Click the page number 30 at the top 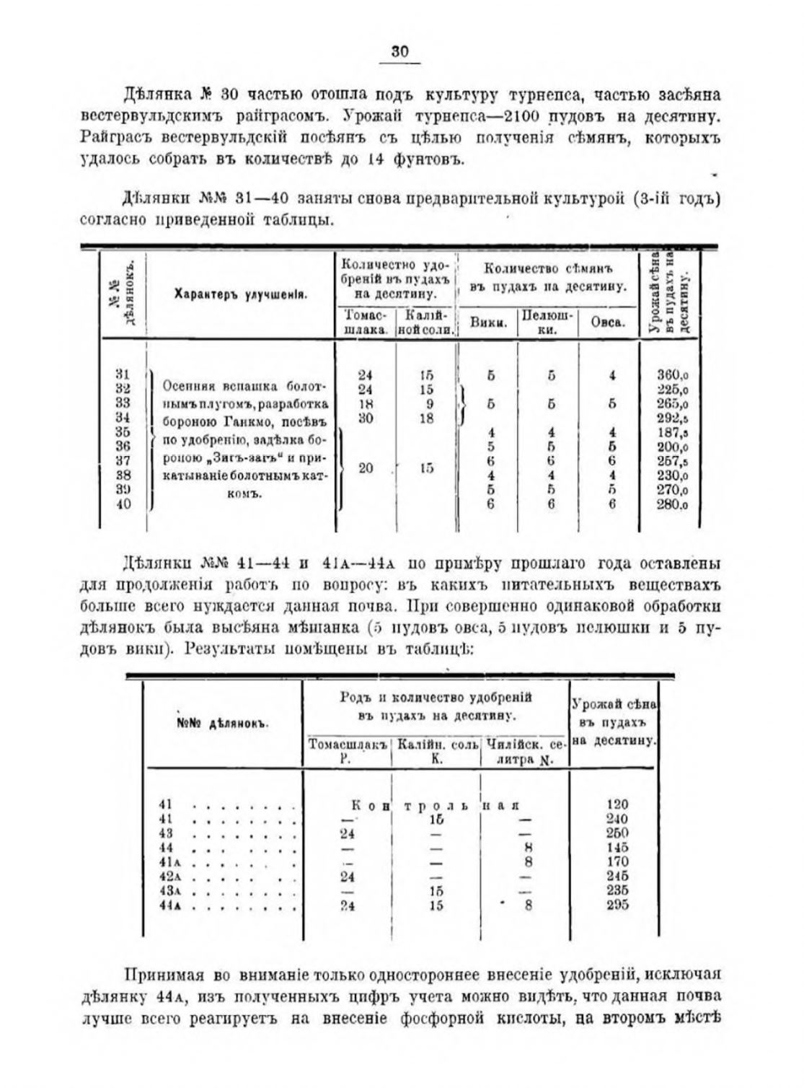click(x=400, y=51)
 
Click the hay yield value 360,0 click(x=673, y=374)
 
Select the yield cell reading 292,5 click(x=673, y=418)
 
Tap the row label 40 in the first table click(x=123, y=504)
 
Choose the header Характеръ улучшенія click(x=241, y=294)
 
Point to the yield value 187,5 click(x=673, y=432)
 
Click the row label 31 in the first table click(x=123, y=374)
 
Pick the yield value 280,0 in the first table click(x=673, y=504)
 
